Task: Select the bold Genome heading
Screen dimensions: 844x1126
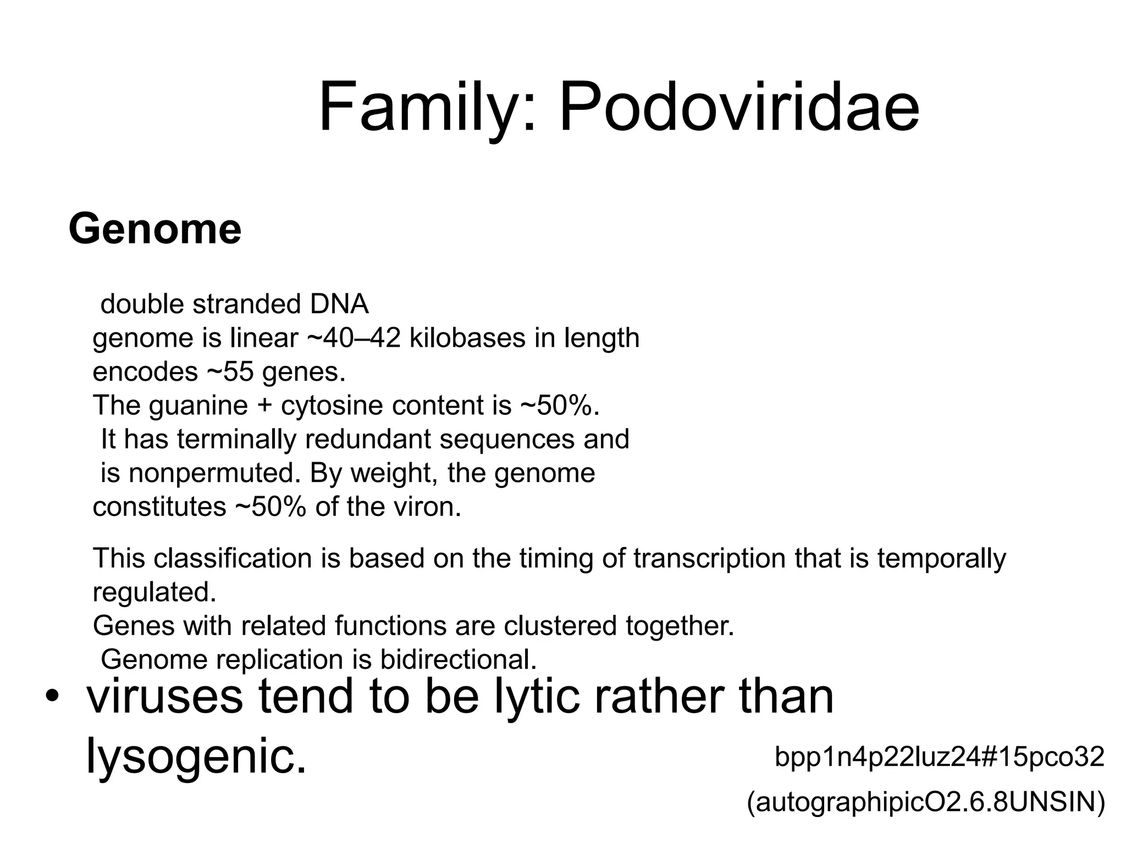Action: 155,229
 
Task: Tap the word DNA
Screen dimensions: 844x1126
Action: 339,304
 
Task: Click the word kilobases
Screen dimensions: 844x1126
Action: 467,338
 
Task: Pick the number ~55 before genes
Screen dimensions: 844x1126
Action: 230,372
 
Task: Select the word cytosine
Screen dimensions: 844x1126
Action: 332,406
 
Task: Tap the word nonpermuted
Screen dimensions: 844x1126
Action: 214,473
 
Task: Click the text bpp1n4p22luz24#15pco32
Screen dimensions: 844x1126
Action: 939,757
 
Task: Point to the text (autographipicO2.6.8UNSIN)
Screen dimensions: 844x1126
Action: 926,802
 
